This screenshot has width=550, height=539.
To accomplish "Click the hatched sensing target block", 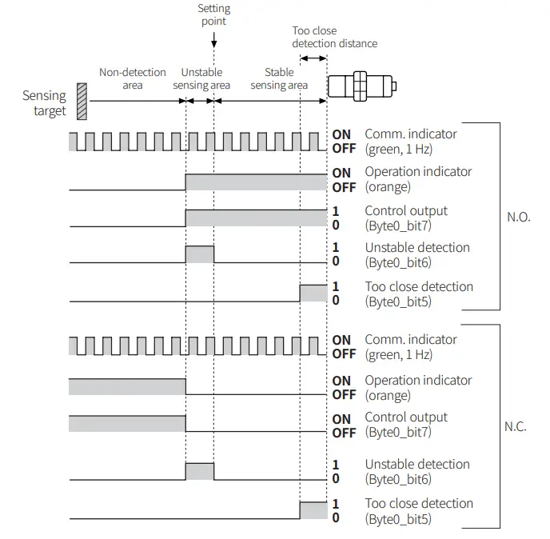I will click(x=82, y=102).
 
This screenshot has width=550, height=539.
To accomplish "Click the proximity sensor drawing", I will click(x=362, y=86).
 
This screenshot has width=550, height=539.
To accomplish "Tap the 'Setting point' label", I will click(x=213, y=14).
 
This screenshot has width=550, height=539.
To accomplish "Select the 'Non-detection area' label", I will click(x=133, y=78).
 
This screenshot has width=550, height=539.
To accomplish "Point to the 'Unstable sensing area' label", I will click(x=201, y=78).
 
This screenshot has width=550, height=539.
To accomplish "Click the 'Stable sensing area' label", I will click(x=279, y=78).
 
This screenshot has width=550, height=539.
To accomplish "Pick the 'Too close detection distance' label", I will click(x=334, y=37).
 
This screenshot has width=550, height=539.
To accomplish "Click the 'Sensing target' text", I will click(x=45, y=103).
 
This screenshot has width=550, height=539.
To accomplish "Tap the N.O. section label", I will click(x=519, y=217).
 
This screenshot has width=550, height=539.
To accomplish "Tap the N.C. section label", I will click(x=516, y=426).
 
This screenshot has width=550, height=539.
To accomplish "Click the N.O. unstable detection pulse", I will click(x=200, y=254).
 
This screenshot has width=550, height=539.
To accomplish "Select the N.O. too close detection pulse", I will click(x=313, y=293).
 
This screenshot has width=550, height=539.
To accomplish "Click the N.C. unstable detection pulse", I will click(x=200, y=471).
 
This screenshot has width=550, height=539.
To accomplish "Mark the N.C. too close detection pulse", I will click(x=313, y=509).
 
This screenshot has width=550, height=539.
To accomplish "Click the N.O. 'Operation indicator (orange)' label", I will click(x=417, y=179).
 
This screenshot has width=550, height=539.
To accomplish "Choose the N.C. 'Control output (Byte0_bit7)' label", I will click(x=406, y=425).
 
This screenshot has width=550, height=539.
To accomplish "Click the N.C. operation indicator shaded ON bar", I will click(x=127, y=386).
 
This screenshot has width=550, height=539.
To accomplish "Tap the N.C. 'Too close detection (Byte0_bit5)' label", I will click(x=419, y=510).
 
